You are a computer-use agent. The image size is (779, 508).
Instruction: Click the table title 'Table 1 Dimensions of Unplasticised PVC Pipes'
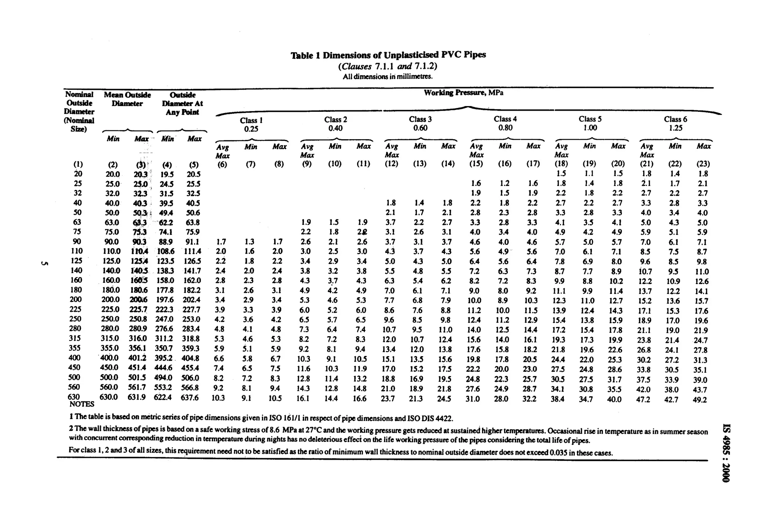[388, 55]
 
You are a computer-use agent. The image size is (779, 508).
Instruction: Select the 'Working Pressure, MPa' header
[463, 93]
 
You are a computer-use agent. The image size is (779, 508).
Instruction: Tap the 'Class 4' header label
[505, 119]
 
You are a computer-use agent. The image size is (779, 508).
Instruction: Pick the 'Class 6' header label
[675, 119]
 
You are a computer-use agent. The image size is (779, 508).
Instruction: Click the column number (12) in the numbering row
[391, 164]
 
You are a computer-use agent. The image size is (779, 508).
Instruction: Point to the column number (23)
[703, 164]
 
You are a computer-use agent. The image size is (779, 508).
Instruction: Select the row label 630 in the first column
[75, 397]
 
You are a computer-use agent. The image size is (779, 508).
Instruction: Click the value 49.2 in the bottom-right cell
[700, 400]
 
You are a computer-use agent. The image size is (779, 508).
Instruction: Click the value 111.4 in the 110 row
[192, 251]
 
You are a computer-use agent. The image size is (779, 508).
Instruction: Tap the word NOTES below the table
[82, 404]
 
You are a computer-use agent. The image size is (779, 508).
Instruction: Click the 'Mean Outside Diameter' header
[127, 99]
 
